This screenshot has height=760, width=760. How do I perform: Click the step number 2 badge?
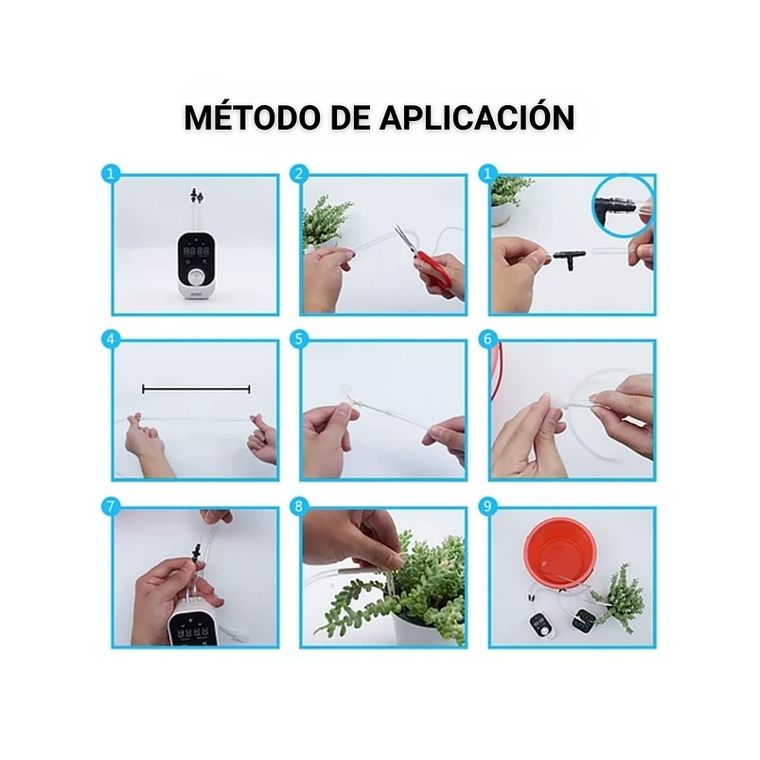[x=300, y=174]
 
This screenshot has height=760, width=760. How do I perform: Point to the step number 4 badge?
[x=112, y=339]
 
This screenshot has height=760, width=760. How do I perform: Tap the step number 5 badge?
[x=300, y=339]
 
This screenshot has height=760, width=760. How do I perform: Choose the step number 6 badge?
[x=488, y=339]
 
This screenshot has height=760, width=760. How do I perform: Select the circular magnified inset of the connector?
[x=620, y=203]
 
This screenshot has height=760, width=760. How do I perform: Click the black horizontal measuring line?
[x=196, y=388]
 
